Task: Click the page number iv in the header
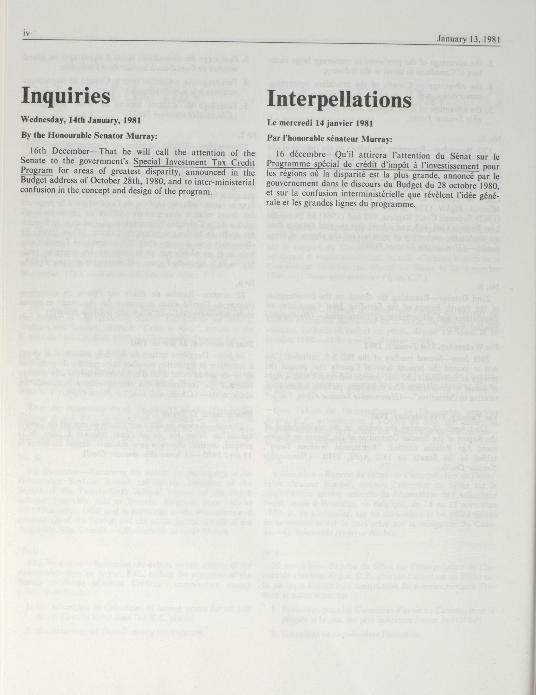click(26, 33)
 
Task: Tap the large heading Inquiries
click(66, 95)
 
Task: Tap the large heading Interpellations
click(339, 99)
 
